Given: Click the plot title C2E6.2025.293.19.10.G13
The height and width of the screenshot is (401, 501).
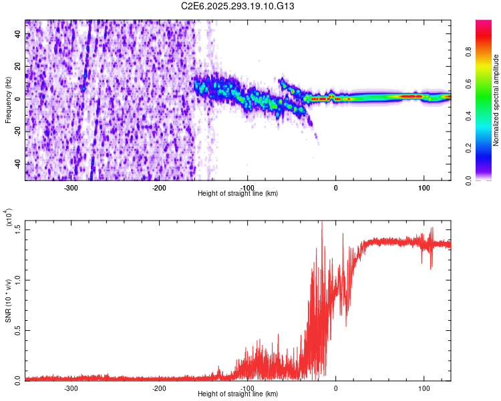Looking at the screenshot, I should tap(238, 6).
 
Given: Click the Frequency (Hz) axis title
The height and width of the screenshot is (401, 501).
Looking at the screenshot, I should tap(8, 99).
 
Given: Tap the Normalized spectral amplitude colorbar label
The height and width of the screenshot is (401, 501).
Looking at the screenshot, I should tap(497, 100).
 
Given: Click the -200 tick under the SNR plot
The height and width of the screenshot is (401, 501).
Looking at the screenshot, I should tap(159, 388).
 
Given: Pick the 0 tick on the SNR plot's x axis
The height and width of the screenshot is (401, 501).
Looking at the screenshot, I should tap(336, 388).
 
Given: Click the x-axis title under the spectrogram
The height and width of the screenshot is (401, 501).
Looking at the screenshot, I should tap(238, 194).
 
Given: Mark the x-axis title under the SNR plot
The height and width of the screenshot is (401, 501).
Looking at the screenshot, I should tap(238, 394).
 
